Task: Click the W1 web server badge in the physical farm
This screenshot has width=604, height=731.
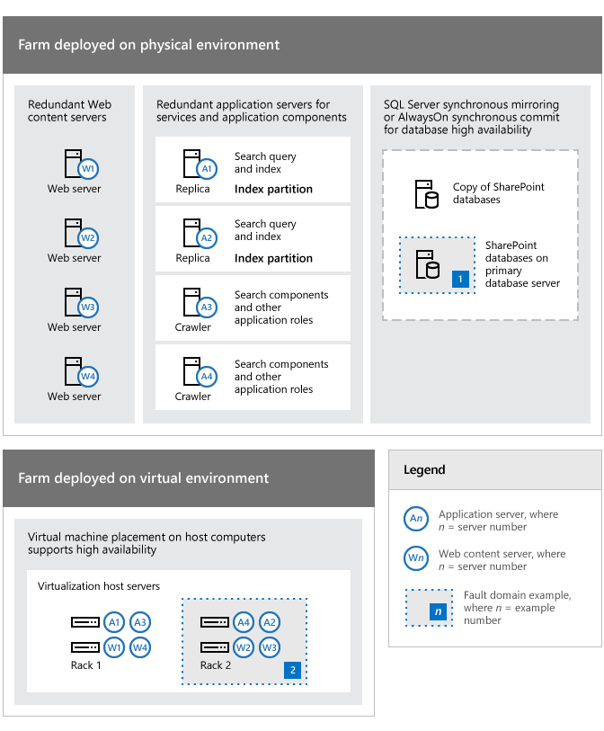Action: click(88, 169)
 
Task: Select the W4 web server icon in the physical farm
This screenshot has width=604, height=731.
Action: click(88, 377)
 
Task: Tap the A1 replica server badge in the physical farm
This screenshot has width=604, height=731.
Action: click(207, 168)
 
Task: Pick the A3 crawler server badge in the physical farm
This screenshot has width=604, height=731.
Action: click(207, 307)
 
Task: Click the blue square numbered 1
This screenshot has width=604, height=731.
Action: click(461, 279)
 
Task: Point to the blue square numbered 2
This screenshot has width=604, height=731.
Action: click(292, 670)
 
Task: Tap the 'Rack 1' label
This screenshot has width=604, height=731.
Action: click(86, 665)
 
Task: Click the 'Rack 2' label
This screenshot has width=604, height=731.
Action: click(216, 665)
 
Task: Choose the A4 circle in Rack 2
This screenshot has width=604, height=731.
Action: click(243, 622)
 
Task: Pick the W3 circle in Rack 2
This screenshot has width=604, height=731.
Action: click(269, 646)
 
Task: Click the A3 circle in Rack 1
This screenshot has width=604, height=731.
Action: click(139, 622)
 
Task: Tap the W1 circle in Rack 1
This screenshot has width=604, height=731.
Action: click(114, 646)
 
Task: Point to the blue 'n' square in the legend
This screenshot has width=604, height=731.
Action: click(438, 611)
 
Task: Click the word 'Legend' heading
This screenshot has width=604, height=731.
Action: click(424, 470)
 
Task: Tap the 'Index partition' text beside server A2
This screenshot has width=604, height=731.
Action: click(273, 258)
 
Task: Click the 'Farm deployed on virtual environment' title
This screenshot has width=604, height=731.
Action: click(143, 478)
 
